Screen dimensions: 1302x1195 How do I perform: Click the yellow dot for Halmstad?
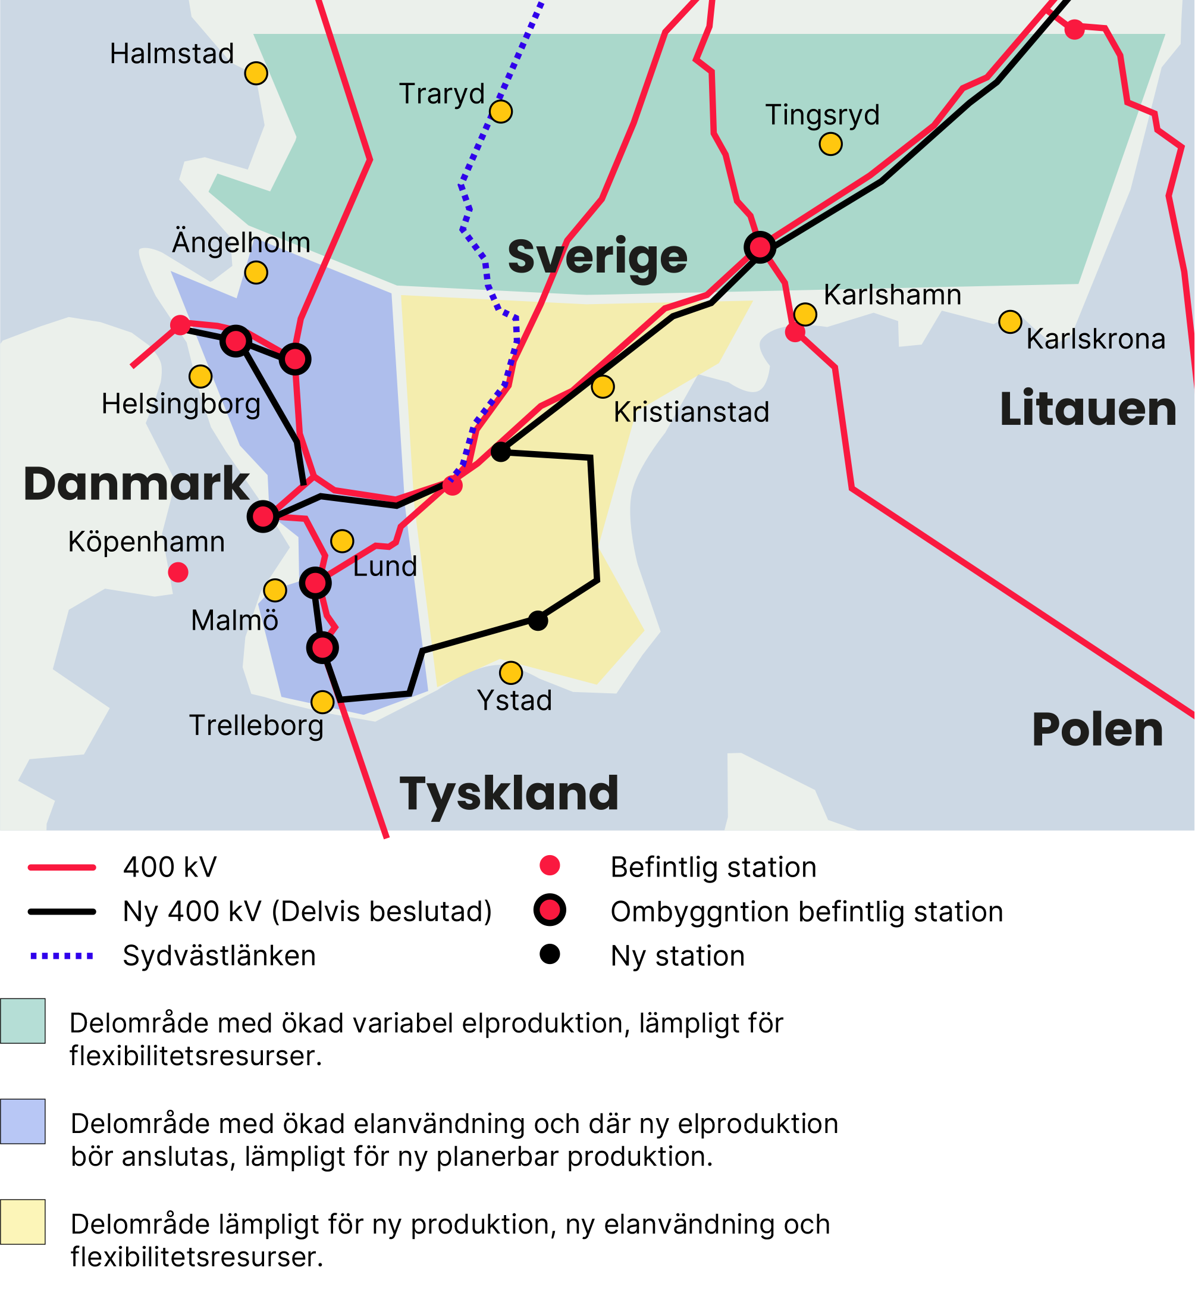click(256, 73)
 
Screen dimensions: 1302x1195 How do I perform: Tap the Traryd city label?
click(442, 94)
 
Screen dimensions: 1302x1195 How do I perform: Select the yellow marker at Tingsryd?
click(830, 143)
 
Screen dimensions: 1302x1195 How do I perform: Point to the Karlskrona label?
click(1096, 339)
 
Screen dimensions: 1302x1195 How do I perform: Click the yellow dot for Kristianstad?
click(603, 387)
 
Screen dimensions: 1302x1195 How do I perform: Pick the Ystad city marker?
click(511, 672)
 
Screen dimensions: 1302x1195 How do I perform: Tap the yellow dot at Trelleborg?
click(322, 702)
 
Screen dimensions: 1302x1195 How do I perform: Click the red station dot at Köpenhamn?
click(178, 572)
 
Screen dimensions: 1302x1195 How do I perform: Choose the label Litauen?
click(1088, 409)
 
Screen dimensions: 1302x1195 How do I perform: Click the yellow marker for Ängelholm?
click(256, 273)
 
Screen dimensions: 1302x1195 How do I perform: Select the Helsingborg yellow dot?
click(200, 376)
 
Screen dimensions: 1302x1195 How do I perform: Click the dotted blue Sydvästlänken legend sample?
click(62, 955)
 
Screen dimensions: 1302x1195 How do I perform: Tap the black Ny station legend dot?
click(550, 954)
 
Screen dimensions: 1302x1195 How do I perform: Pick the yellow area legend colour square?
click(23, 1222)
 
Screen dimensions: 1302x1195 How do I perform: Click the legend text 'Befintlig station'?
click(713, 868)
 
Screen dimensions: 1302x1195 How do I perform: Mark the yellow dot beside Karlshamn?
click(805, 314)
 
